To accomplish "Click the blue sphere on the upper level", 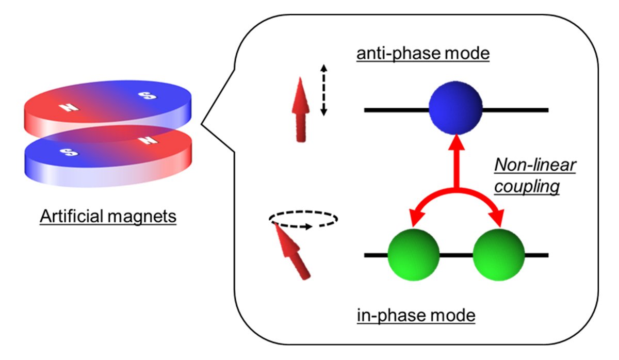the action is click(x=455, y=108).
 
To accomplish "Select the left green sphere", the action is click(x=413, y=255).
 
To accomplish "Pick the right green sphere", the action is click(x=498, y=255).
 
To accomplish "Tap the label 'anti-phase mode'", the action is click(x=423, y=53).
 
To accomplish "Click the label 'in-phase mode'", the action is click(x=416, y=315).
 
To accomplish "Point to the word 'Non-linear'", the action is click(x=535, y=165).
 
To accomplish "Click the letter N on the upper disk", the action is click(x=69, y=107).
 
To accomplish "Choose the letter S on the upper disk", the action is click(x=148, y=95).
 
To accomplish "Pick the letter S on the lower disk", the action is click(x=69, y=152).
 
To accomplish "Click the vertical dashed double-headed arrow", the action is click(x=323, y=90).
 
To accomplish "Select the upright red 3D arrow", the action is click(x=301, y=110).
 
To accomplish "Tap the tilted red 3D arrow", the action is click(x=292, y=251).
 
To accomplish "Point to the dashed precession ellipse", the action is click(x=303, y=211).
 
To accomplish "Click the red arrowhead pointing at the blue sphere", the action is click(x=456, y=142).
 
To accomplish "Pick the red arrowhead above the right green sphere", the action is click(x=497, y=218).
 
